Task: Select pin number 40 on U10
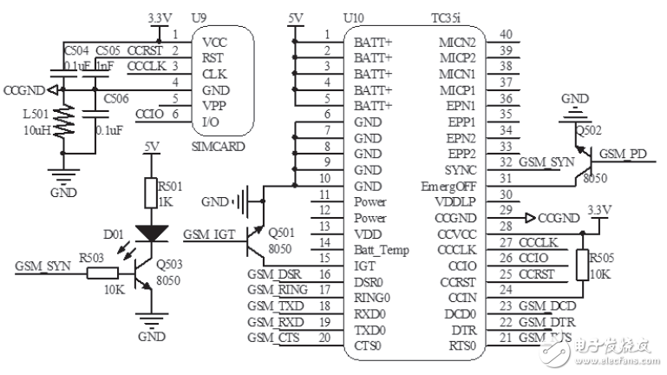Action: [x=506, y=35]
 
